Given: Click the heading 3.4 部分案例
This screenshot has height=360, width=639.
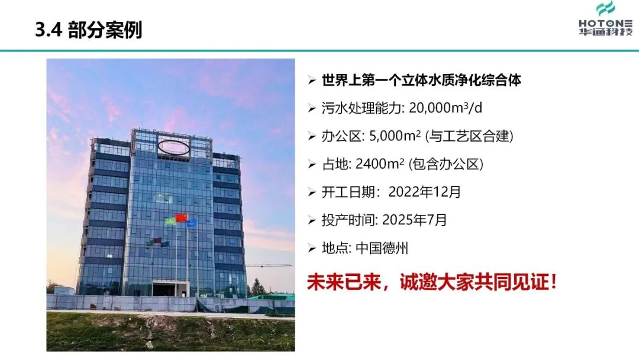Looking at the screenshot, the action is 88,30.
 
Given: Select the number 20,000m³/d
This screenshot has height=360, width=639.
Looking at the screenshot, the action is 446,108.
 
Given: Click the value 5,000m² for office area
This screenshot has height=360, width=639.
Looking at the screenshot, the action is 395,136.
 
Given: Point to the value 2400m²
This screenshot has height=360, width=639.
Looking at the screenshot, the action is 380,164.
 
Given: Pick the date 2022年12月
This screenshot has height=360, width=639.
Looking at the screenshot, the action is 424,192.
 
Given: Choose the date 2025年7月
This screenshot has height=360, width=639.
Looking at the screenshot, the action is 414,220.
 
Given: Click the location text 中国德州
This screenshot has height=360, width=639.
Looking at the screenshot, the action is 382,248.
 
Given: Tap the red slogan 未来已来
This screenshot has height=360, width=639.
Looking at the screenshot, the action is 344,282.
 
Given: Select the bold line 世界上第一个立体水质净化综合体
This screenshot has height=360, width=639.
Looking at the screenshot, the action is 421,80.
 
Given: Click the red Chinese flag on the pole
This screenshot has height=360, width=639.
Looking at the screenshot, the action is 182,218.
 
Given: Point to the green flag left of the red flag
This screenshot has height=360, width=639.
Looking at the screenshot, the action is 170,221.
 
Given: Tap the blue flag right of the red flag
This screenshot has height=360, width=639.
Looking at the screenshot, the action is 192,223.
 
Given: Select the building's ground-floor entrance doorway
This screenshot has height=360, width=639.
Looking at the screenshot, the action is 170,289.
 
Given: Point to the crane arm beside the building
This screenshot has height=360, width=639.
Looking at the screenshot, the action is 269,266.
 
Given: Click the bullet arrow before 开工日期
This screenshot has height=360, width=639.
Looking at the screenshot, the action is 312,192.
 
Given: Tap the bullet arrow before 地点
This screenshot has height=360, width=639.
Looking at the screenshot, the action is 312,248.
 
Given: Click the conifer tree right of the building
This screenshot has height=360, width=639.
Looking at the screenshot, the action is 257,287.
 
